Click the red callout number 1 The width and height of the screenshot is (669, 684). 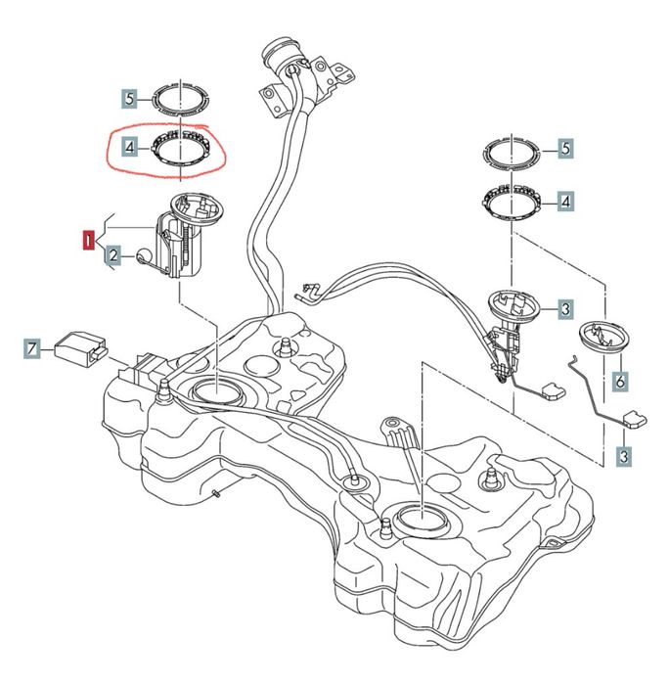click(x=89, y=239)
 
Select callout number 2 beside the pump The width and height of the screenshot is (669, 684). click(x=113, y=256)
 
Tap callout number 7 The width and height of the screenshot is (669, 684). click(x=33, y=347)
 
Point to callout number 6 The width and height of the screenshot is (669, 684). click(x=619, y=380)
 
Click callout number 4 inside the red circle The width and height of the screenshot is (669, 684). click(x=128, y=150)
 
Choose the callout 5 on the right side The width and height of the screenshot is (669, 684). click(x=565, y=149)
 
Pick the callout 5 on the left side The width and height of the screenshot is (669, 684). click(x=128, y=98)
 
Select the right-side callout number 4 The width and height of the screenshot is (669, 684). click(x=565, y=202)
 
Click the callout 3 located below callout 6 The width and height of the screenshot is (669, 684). click(x=623, y=456)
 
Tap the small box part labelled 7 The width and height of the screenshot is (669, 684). click(x=79, y=345)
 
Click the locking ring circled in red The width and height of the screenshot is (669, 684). click(x=181, y=150)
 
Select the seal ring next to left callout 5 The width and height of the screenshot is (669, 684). click(x=182, y=98)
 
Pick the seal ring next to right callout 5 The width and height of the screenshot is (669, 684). click(x=511, y=152)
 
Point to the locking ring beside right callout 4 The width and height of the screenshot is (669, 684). click(x=511, y=203)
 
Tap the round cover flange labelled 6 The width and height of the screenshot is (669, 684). click(x=603, y=338)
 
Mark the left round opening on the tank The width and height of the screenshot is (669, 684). click(x=213, y=389)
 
